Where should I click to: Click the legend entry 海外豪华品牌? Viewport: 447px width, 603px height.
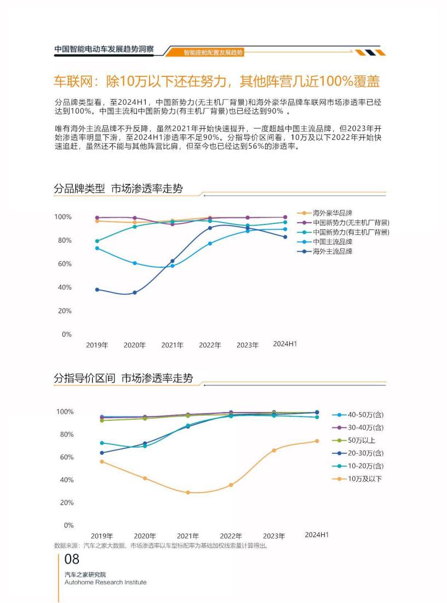pos(332,213)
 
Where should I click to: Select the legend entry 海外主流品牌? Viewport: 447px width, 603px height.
pos(332,251)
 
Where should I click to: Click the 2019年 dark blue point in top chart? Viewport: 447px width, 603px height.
pos(98,290)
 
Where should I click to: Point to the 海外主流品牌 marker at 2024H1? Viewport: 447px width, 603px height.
pos(285,237)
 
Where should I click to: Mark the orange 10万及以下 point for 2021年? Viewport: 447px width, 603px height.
pos(188,492)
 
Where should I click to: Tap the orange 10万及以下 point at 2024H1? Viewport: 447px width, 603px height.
pos(317,441)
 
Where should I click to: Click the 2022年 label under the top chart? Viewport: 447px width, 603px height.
pos(210,345)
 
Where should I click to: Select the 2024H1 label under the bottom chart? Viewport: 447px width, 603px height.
pos(317,534)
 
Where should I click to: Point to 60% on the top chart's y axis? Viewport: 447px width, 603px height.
pos(63,264)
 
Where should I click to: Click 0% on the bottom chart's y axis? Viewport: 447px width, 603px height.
pos(68,525)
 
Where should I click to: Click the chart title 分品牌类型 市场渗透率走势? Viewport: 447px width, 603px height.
pos(118,189)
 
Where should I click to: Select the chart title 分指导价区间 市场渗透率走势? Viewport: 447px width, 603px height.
pos(123,379)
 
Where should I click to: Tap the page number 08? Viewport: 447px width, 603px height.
pos(72,560)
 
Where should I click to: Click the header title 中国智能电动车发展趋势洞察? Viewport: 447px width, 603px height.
pos(104,49)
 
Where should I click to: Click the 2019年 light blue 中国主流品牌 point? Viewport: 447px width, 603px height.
pos(98,248)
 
